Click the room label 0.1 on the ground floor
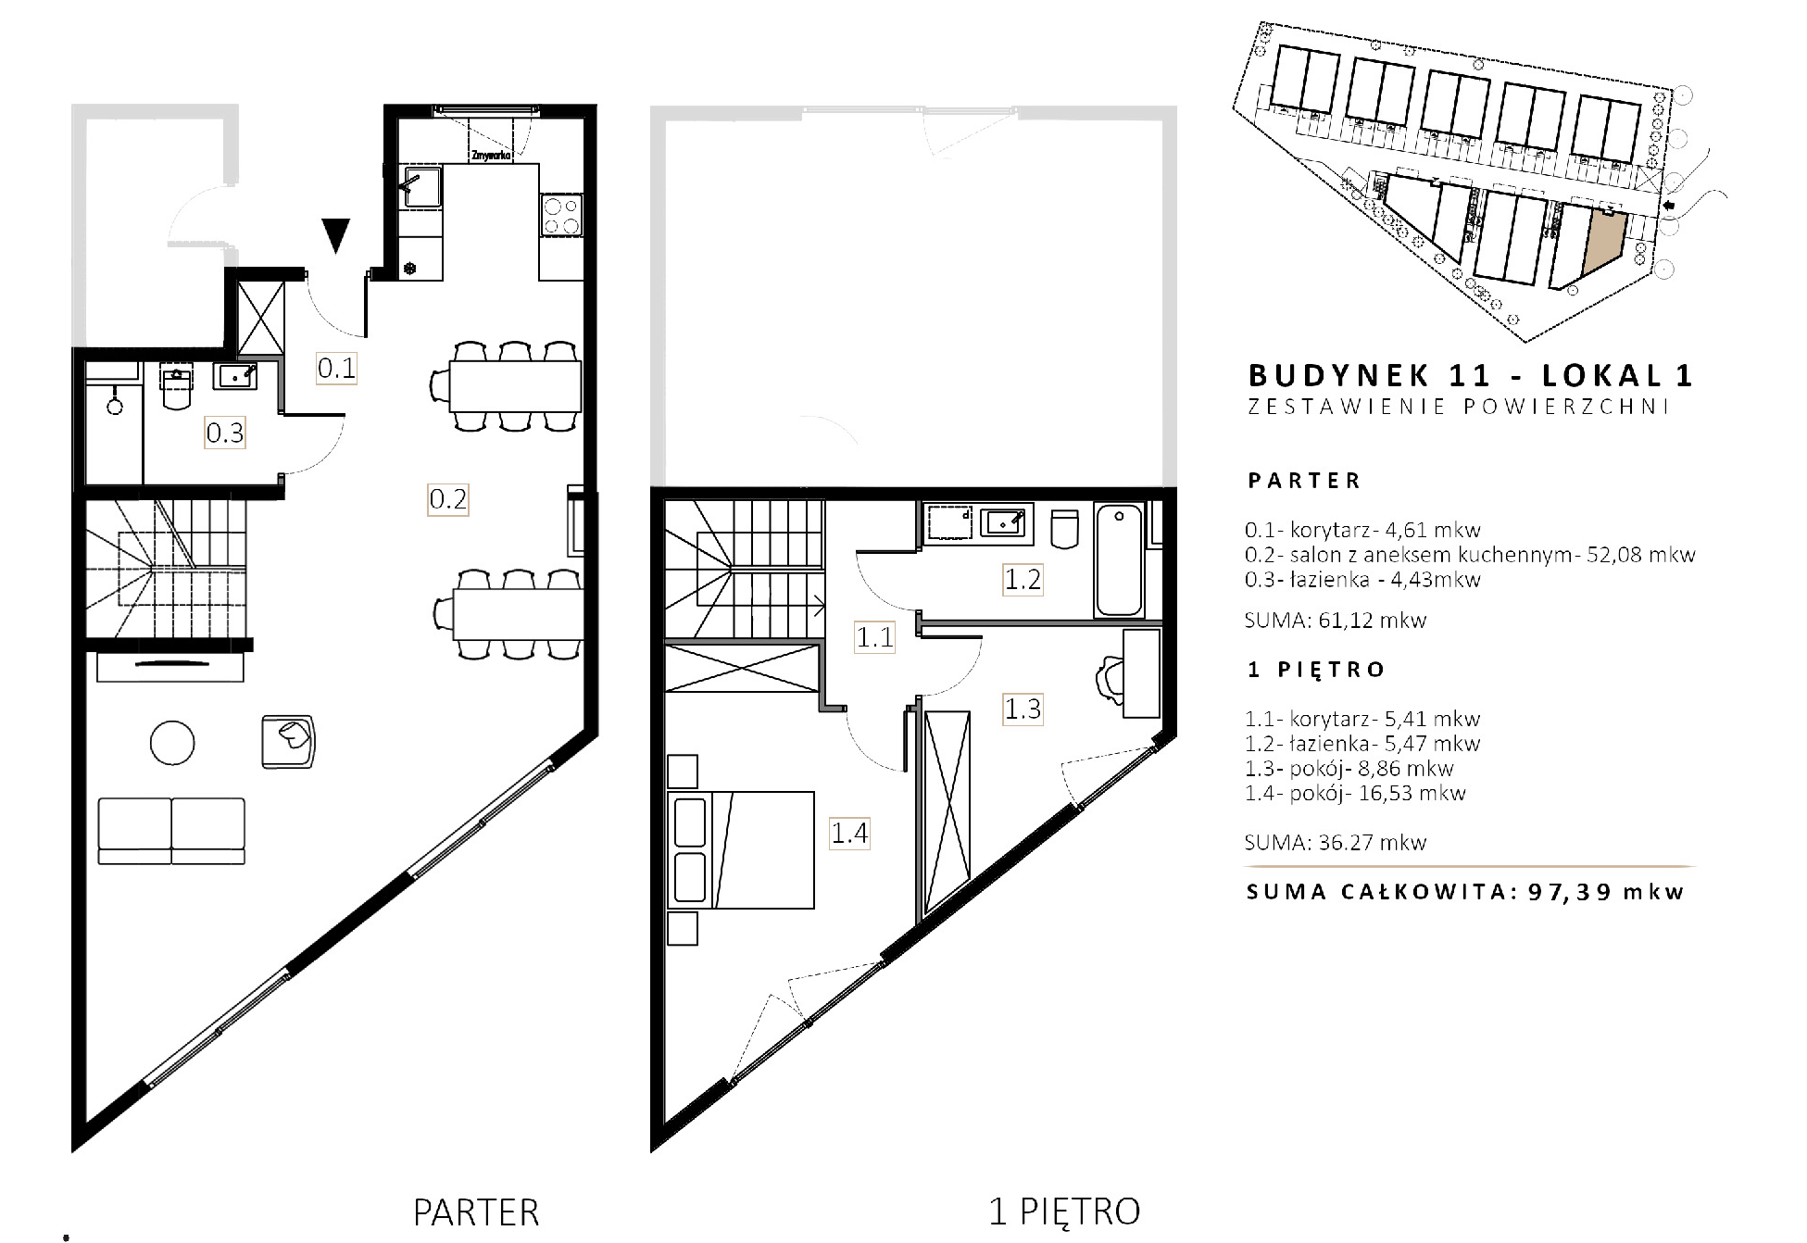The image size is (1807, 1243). coord(336,368)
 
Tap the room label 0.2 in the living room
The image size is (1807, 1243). coord(448,499)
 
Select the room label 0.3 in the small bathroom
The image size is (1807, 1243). coord(225,433)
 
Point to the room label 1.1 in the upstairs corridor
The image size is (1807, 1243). coord(874,637)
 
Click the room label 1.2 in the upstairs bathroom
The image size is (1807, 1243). coord(1023,580)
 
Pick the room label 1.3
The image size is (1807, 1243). coord(1023,709)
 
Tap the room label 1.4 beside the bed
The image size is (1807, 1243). coord(849,834)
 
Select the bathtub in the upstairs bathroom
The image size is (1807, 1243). coord(1119,559)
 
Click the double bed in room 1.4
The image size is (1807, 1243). coord(741,849)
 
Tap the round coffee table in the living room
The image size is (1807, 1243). coord(172,743)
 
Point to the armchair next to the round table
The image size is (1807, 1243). coord(288,741)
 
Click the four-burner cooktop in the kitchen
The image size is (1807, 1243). coord(561,216)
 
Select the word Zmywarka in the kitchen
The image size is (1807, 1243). coord(491,156)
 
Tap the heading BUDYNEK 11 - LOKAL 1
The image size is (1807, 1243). coord(1471,375)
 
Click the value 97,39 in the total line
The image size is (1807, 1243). coord(1570,892)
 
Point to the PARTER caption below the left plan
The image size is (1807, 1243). coord(476,1212)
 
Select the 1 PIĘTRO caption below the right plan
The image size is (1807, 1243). coord(1065,1212)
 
